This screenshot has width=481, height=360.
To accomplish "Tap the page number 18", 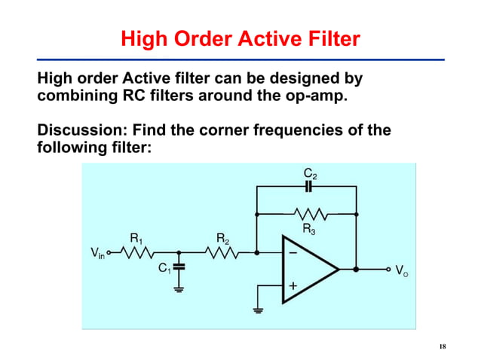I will pos(442,346).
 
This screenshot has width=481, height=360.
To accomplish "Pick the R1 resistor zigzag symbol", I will pos(138,253).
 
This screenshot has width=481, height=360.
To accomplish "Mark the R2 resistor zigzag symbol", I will pos(222,253).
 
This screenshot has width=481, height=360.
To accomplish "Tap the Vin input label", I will pos(97,254).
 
